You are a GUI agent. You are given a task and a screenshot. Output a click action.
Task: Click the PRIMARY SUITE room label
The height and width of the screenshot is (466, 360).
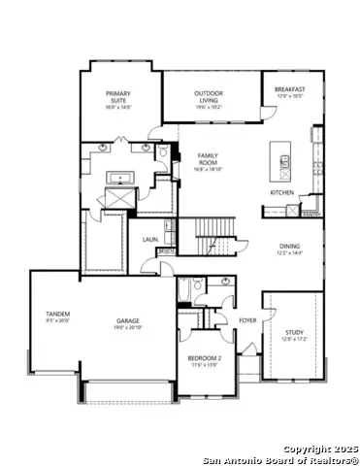(118, 94)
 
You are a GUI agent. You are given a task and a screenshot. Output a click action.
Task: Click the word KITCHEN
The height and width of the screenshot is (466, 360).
(281, 191)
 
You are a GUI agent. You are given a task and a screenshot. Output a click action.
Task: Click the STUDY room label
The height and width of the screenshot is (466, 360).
(293, 333)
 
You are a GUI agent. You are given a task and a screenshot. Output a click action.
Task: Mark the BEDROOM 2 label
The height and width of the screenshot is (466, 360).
(205, 358)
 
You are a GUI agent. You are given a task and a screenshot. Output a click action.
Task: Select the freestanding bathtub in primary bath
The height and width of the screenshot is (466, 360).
(121, 179)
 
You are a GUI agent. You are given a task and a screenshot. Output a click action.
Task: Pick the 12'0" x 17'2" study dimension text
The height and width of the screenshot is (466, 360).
(293, 340)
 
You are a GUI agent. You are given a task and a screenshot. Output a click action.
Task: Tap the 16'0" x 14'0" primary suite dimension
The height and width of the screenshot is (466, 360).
(118, 106)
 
